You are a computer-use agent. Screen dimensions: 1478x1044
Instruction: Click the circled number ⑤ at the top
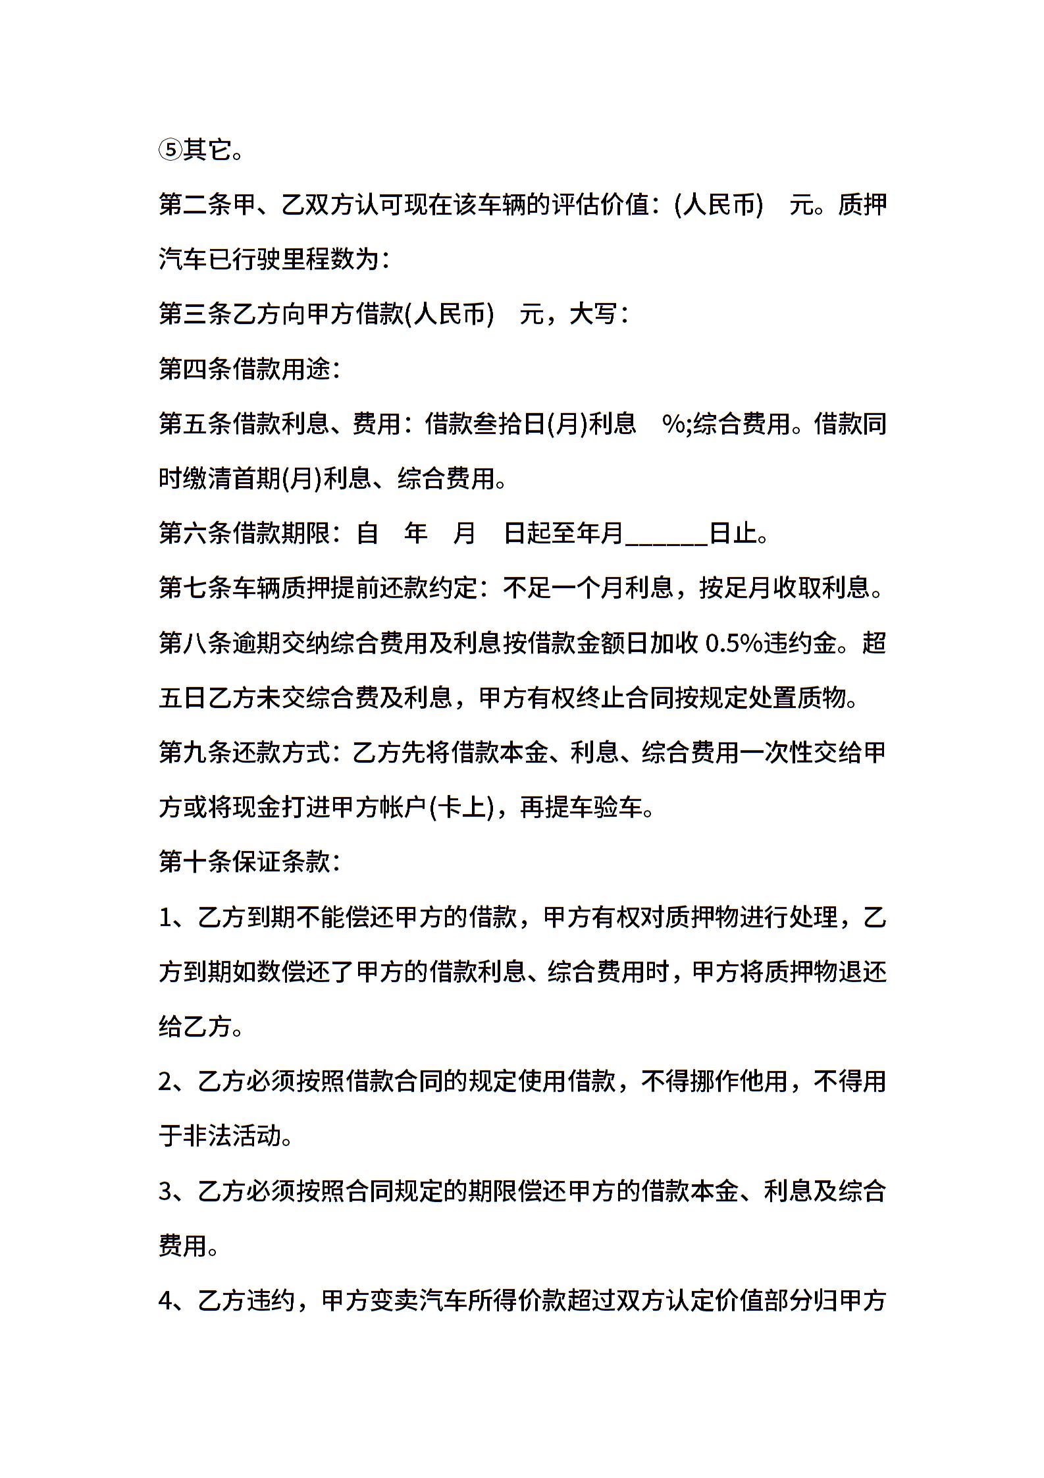point(170,151)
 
